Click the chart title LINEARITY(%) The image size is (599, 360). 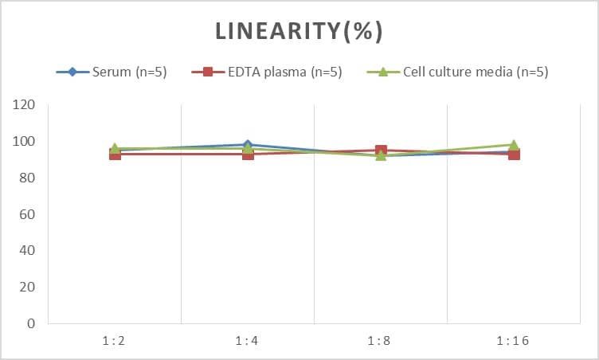click(299, 31)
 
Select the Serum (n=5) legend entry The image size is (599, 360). click(111, 72)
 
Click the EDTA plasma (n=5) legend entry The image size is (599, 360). click(267, 72)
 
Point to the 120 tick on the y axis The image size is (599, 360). click(25, 104)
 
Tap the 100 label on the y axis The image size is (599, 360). click(25, 141)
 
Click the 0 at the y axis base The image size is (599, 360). click(31, 323)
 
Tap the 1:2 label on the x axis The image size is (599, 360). click(115, 341)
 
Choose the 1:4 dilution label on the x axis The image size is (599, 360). click(248, 341)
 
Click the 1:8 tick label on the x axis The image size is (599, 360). click(381, 341)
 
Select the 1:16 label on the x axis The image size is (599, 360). click(514, 341)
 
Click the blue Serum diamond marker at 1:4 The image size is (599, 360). click(248, 145)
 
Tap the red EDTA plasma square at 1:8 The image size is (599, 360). click(381, 151)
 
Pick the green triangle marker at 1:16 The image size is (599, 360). click(514, 145)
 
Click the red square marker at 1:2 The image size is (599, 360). click(115, 154)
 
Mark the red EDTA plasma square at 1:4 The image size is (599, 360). click(248, 154)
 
